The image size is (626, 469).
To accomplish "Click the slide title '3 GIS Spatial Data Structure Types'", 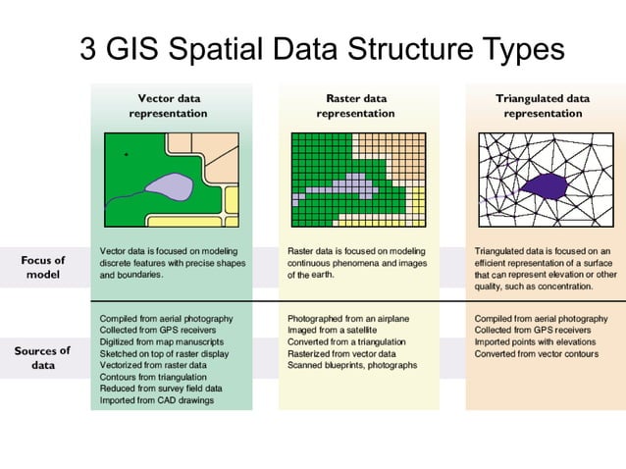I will pos(322,49).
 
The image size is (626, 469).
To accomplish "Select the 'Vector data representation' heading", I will pos(171,106).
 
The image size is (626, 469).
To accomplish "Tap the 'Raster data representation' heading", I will pos(355,106).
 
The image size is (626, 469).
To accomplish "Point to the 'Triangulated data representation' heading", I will pos(543,106).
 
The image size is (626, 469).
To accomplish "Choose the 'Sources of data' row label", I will pos(42,357).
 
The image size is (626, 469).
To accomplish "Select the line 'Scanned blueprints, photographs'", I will pos(352,365).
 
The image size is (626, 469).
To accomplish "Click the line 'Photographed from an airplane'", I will pos(347,319).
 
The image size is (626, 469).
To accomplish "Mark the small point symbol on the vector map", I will pos(126,155).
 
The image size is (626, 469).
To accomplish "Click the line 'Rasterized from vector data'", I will pos(341,353).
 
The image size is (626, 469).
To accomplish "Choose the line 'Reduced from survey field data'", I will pos(161,389).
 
